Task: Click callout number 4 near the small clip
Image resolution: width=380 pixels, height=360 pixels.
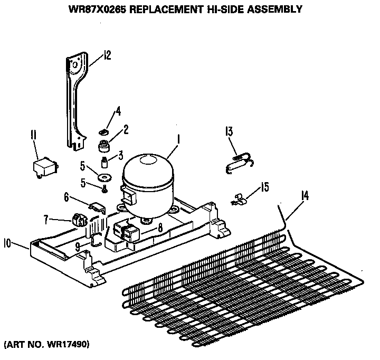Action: click(x=118, y=111)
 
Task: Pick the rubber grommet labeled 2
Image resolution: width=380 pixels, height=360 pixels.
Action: click(x=103, y=145)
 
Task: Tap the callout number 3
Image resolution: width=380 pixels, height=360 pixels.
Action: click(x=120, y=155)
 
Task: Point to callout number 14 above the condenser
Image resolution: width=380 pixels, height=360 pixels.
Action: click(x=305, y=196)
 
